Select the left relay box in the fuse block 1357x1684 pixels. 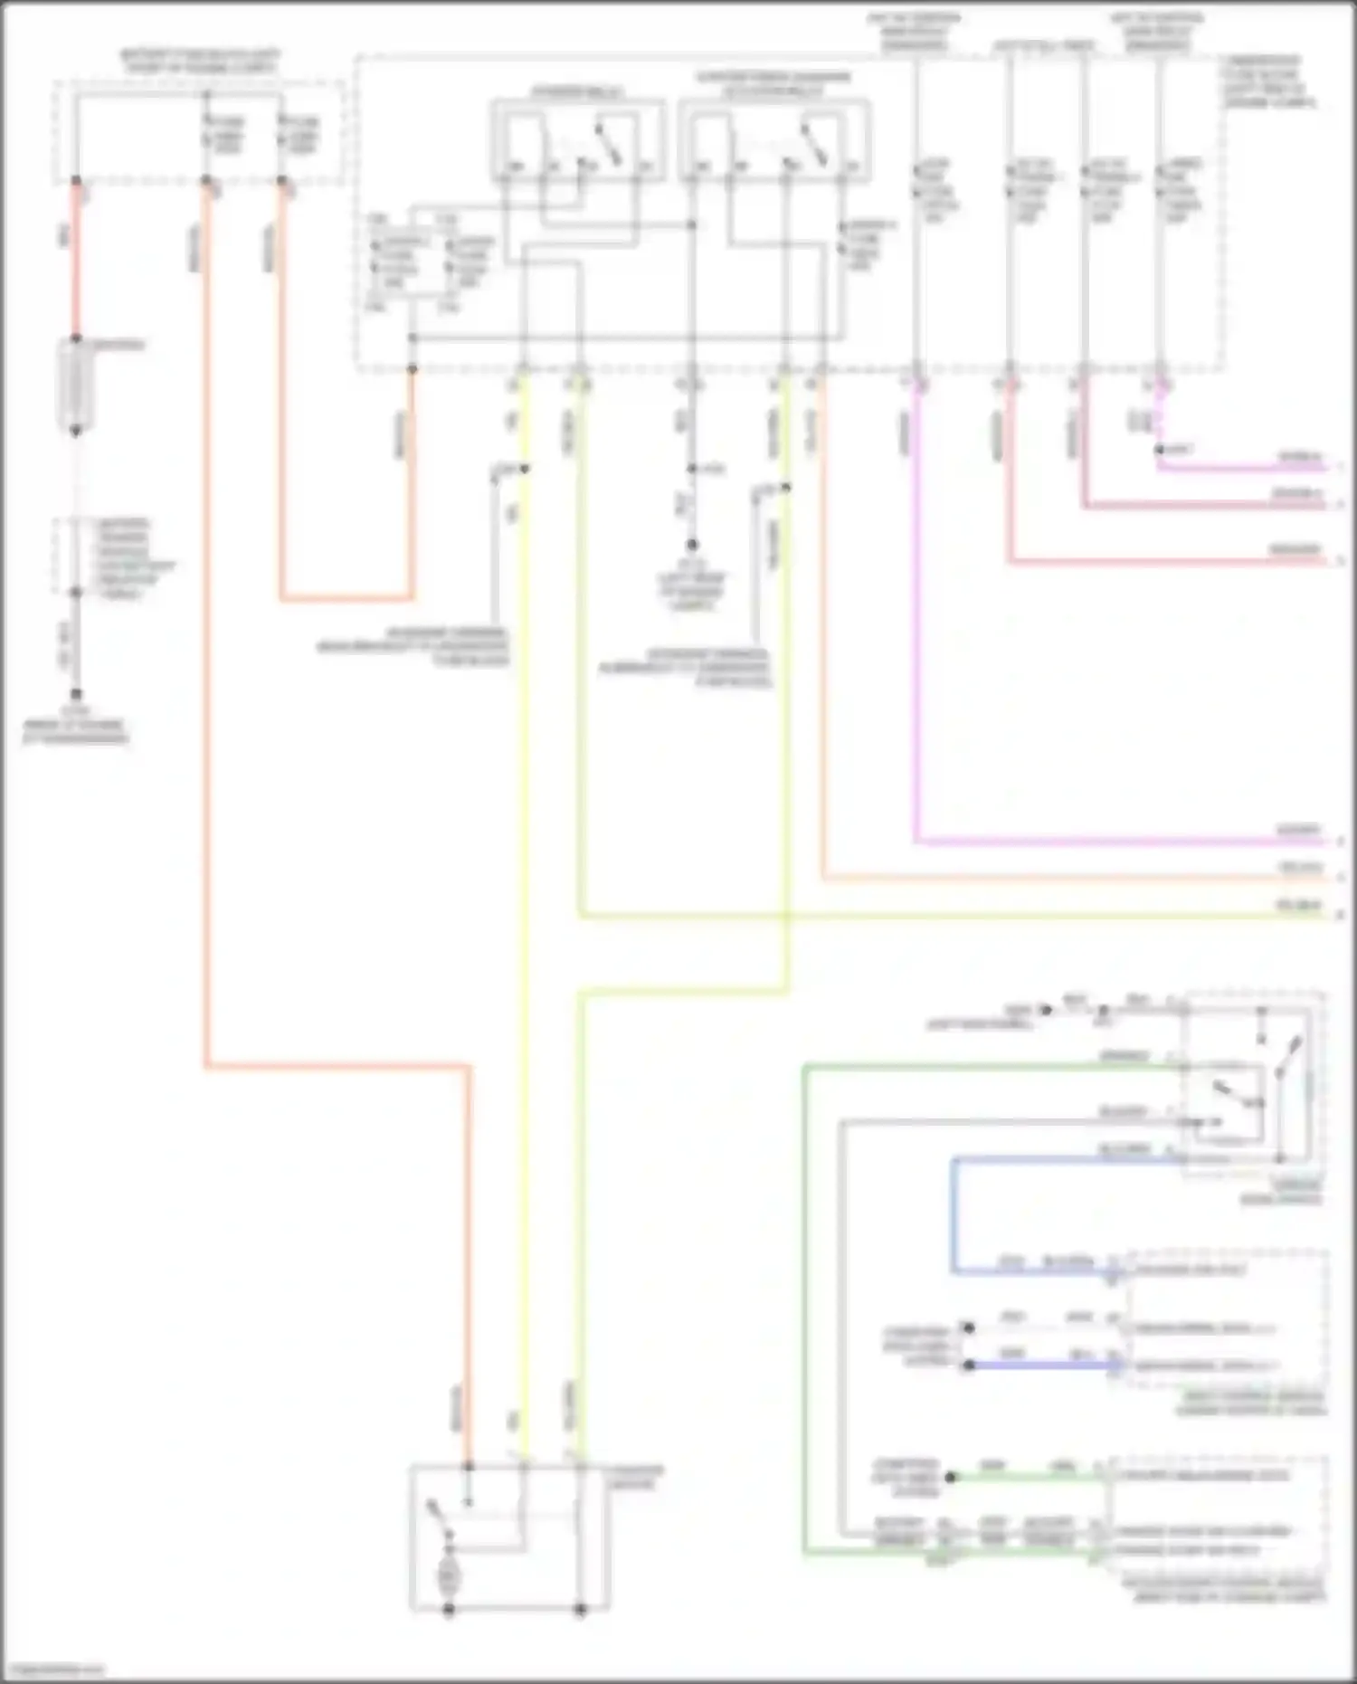coord(577,140)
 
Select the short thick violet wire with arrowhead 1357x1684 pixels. coord(1040,1365)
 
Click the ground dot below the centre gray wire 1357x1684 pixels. coord(692,545)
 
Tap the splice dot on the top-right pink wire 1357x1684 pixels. coord(1159,450)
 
